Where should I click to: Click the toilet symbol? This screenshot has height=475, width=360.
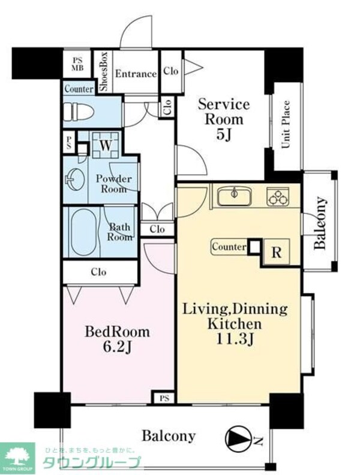click(x=79, y=112)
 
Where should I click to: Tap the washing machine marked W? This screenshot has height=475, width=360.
click(x=106, y=145)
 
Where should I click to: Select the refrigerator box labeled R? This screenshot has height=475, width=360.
click(x=276, y=252)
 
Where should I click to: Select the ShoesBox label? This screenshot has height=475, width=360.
click(x=104, y=71)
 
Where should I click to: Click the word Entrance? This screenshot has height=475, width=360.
click(x=136, y=74)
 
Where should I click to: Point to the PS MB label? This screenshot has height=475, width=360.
click(x=77, y=64)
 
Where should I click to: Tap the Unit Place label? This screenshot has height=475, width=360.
click(x=286, y=124)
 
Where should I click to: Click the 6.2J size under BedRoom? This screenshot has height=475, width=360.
click(x=118, y=347)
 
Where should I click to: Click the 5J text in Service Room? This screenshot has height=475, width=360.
click(x=224, y=134)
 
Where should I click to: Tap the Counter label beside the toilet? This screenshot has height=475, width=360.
click(x=79, y=89)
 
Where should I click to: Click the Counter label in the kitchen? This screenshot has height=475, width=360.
click(x=229, y=247)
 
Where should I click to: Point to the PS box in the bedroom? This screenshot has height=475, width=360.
click(x=164, y=398)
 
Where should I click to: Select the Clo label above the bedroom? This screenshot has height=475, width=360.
click(x=99, y=272)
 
